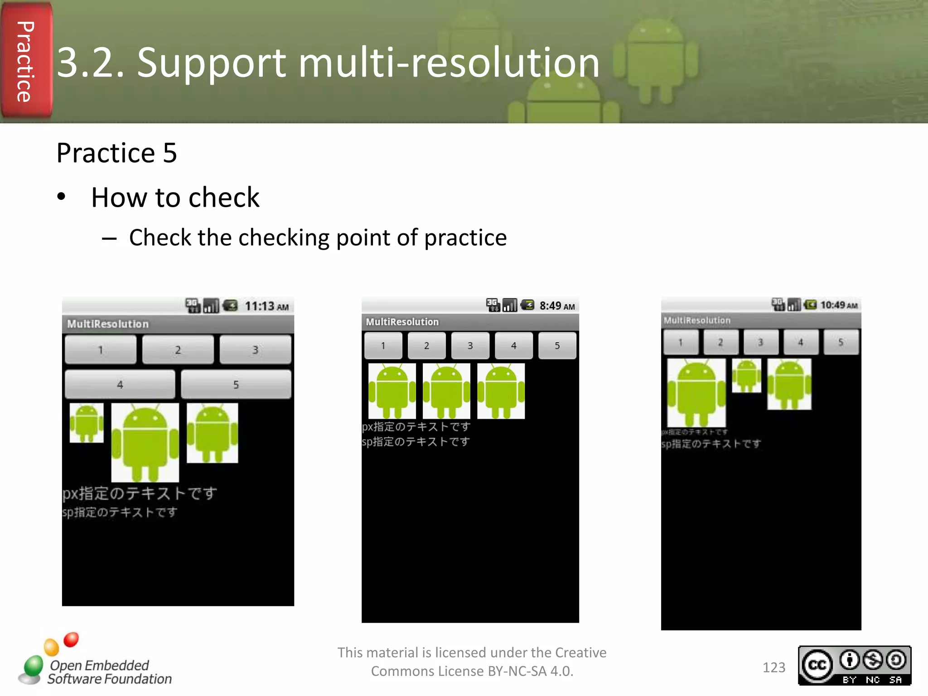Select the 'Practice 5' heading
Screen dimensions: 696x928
pyautogui.click(x=116, y=153)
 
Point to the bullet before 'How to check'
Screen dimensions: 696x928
pyautogui.click(x=62, y=197)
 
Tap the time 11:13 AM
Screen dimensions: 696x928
pyautogui.click(x=266, y=306)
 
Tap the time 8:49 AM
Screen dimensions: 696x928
pyautogui.click(x=557, y=306)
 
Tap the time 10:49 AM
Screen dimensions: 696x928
pyautogui.click(x=839, y=305)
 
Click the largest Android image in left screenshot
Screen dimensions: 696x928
pyautogui.click(x=145, y=442)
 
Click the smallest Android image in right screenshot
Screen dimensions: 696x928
pyautogui.click(x=746, y=376)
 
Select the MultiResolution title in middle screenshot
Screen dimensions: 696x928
pyautogui.click(x=402, y=322)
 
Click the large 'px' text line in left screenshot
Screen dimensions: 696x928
pyautogui.click(x=140, y=493)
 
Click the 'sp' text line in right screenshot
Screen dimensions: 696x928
pyautogui.click(x=711, y=444)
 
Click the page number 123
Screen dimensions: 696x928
pyautogui.click(x=773, y=667)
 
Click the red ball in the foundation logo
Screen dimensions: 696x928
pyautogui.click(x=71, y=639)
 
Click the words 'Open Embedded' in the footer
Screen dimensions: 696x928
pyautogui.click(x=99, y=665)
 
